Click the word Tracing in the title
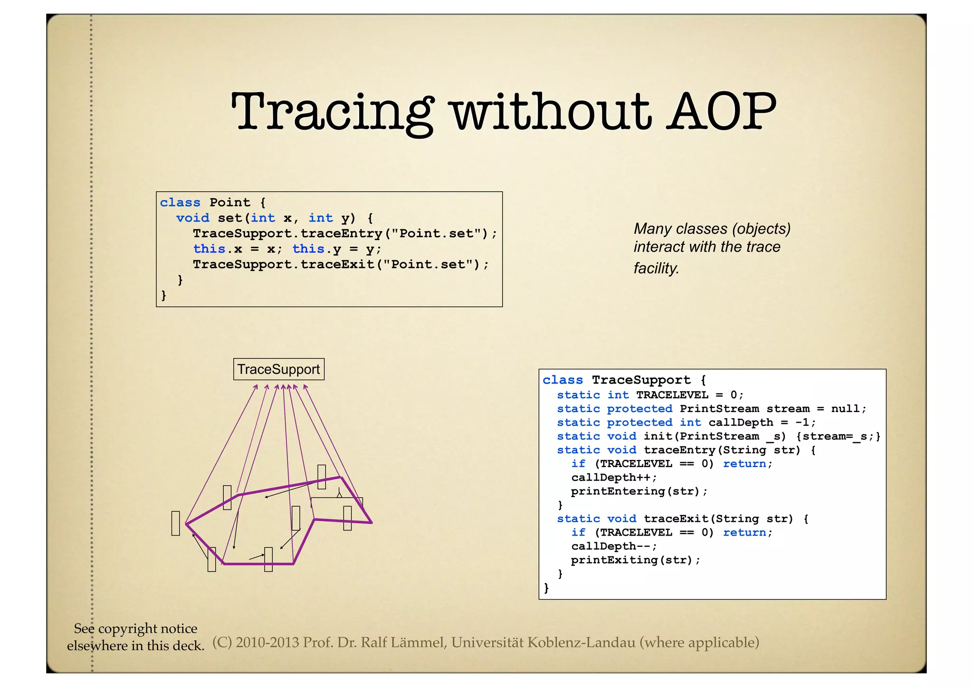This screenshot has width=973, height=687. tap(332, 112)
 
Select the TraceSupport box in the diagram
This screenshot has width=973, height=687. tap(278, 369)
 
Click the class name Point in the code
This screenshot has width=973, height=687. tap(229, 203)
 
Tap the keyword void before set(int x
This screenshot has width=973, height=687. tap(192, 218)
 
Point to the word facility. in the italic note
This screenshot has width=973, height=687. tap(656, 268)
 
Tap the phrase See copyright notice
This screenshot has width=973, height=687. tap(135, 629)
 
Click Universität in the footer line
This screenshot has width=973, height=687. tap(487, 642)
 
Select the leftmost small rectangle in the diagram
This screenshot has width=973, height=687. tap(175, 523)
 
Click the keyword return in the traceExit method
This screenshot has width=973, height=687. tap(744, 533)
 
